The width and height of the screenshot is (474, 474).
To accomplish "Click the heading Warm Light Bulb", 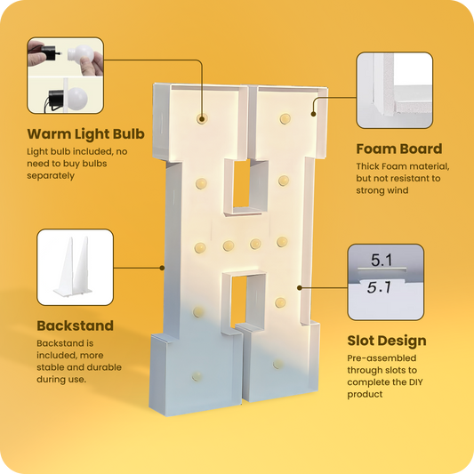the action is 86,134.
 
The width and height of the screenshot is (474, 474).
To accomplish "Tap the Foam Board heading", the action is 399,149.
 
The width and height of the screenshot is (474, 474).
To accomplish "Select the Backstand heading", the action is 76,325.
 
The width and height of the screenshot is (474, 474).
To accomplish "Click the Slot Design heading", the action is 387,341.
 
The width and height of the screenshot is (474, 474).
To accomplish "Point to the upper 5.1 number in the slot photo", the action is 382,260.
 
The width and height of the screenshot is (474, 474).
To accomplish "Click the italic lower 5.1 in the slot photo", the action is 380,287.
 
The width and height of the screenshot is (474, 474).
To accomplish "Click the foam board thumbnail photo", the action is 395,90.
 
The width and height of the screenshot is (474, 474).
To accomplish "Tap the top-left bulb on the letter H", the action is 202,118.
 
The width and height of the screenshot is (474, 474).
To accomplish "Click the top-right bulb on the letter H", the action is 285,118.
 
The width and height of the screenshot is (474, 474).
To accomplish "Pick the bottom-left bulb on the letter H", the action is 197,376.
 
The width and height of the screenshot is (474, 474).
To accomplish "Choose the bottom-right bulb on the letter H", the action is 277,364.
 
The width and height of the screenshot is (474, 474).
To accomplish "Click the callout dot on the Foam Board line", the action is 314,114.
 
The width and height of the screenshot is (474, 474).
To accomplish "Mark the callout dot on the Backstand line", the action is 162,268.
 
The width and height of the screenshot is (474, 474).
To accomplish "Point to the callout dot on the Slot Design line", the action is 300,288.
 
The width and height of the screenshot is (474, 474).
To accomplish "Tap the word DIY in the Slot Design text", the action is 415,382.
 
